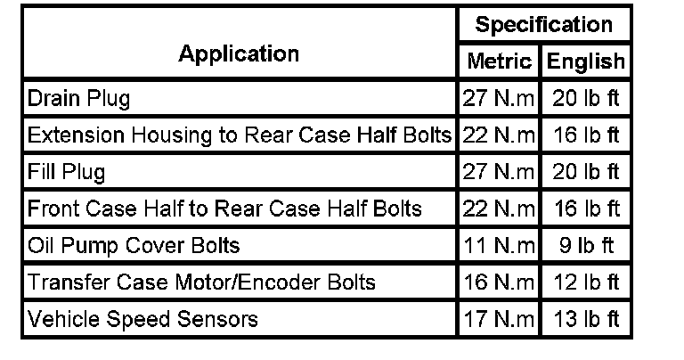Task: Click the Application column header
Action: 239,53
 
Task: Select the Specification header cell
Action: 543,25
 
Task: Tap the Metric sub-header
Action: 499,62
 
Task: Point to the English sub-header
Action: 585,62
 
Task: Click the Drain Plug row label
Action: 78,98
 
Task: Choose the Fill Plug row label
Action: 67,171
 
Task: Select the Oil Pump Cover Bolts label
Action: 134,245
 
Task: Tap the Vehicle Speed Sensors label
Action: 142,318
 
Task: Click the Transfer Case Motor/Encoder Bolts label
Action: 201,282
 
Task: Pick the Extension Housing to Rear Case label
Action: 240,135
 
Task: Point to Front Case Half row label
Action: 224,209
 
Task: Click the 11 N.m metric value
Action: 499,245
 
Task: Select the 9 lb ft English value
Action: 585,245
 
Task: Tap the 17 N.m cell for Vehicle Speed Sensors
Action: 499,318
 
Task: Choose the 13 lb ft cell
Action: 585,318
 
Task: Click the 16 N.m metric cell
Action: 499,282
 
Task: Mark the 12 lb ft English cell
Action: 585,282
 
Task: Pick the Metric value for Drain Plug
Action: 499,98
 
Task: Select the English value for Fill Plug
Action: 585,171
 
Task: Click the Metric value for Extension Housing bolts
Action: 499,135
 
